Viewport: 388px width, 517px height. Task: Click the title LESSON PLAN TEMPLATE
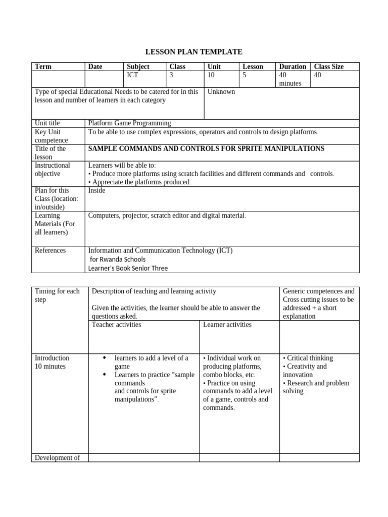(x=194, y=51)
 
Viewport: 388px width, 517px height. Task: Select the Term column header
(x=43, y=67)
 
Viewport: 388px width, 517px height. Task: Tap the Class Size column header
(x=328, y=67)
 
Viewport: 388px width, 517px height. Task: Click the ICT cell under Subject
(x=132, y=75)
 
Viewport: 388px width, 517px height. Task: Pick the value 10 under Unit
(x=211, y=75)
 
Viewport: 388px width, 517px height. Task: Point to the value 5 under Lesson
(x=245, y=75)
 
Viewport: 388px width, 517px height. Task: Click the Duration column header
(x=293, y=67)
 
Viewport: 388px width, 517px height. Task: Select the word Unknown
(x=221, y=92)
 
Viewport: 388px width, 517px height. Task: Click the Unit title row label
(x=47, y=123)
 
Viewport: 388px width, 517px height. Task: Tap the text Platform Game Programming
(x=129, y=123)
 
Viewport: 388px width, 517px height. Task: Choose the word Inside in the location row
(x=97, y=191)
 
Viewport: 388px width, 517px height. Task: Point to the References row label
(x=50, y=250)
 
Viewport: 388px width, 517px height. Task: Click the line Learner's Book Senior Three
(x=128, y=268)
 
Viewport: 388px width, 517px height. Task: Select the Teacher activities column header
(x=116, y=325)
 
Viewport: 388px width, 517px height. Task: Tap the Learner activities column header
(x=227, y=325)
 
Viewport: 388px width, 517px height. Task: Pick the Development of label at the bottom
(x=57, y=458)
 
